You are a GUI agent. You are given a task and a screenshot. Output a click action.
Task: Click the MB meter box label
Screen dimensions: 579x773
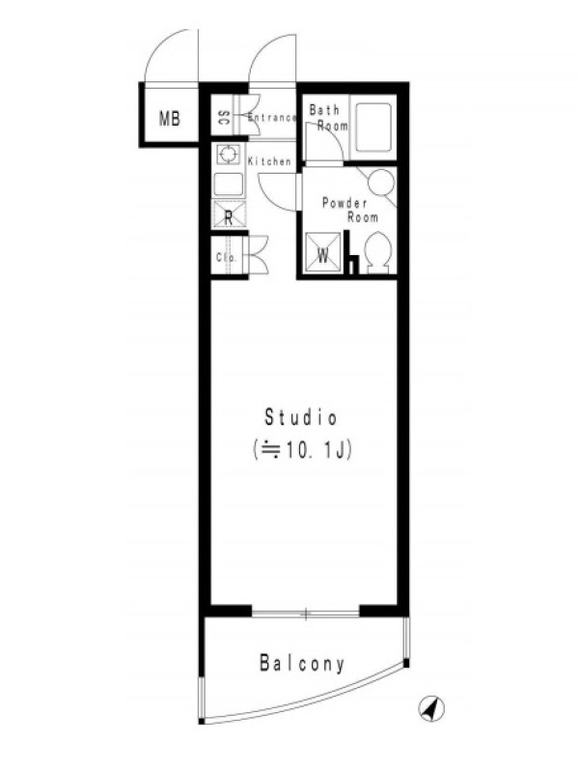click(x=170, y=118)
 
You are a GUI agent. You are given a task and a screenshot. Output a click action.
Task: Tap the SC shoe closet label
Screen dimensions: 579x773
click(x=224, y=117)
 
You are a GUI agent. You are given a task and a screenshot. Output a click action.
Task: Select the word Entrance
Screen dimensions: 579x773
click(x=272, y=118)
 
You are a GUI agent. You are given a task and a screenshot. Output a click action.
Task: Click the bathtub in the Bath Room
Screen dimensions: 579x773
click(x=373, y=128)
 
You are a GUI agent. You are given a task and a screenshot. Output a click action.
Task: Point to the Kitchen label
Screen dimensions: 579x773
click(x=269, y=161)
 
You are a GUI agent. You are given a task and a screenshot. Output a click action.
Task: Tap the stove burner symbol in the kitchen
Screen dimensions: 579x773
click(x=228, y=155)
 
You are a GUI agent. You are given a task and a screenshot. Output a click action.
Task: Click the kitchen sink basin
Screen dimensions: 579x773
click(x=228, y=185)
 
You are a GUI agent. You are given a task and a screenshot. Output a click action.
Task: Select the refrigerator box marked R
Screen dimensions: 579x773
click(x=229, y=215)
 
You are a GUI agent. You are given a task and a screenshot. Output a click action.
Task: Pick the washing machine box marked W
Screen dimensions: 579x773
click(x=323, y=252)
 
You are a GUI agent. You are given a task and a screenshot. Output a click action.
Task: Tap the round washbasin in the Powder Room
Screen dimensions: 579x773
click(x=381, y=183)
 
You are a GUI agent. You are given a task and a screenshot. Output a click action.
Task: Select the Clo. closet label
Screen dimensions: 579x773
click(x=227, y=257)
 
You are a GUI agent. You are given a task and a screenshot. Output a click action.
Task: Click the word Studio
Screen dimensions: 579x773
click(x=301, y=417)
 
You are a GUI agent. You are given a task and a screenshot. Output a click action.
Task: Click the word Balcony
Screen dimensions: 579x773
click(x=302, y=664)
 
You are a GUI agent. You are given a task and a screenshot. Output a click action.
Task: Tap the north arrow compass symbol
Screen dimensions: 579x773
click(x=431, y=709)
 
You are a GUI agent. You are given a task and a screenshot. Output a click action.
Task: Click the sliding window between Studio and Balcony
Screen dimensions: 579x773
click(x=306, y=614)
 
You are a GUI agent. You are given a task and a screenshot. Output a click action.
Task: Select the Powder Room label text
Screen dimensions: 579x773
click(x=350, y=210)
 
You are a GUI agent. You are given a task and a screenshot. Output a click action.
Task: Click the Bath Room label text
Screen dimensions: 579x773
click(x=328, y=117)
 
